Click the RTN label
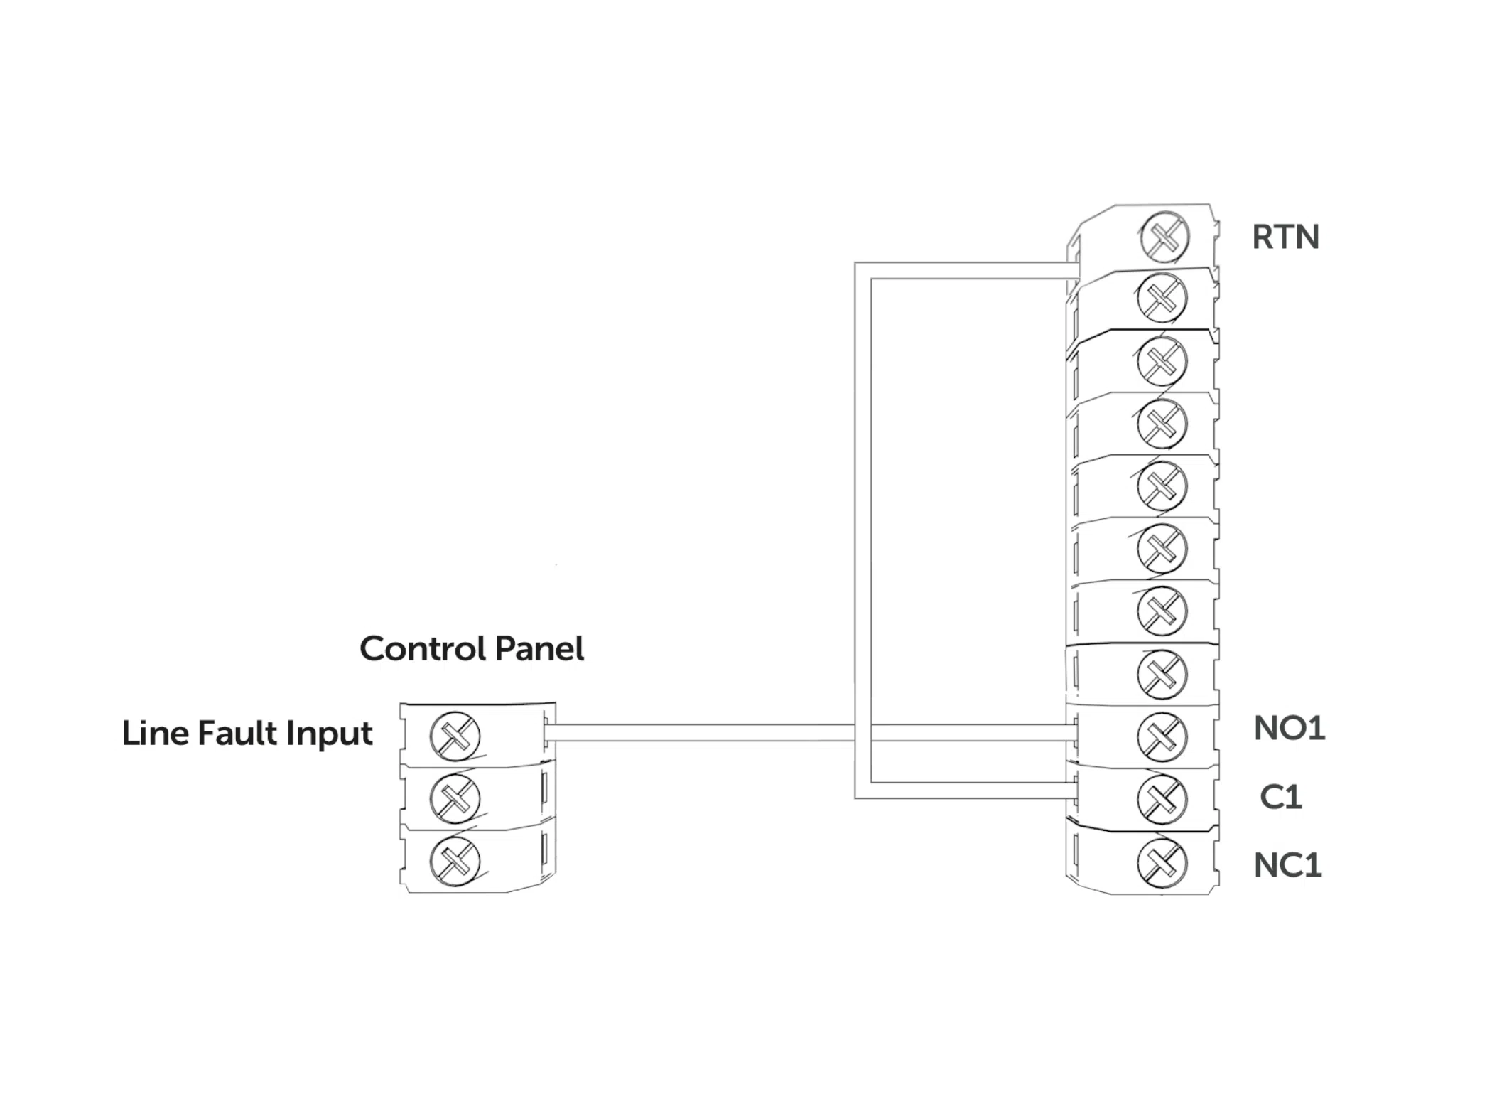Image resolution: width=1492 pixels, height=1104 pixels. point(1285,237)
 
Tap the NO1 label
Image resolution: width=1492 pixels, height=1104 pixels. point(1289,729)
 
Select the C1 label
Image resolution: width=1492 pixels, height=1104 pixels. point(1280,797)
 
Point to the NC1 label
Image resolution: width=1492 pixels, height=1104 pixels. point(1287,865)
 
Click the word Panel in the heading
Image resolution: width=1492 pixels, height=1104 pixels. point(539,648)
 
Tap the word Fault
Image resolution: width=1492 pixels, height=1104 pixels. point(238,733)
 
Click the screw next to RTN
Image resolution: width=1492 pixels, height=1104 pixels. point(1164,237)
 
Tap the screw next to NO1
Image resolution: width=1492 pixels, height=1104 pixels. point(1162,736)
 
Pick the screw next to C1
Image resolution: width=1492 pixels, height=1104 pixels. point(1162,799)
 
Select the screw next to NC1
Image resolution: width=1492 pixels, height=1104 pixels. point(1162,863)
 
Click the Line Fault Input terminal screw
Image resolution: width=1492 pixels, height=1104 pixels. point(455,736)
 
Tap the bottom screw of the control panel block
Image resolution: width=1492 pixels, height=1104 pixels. point(455,862)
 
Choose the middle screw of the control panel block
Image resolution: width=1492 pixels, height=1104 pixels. point(455,798)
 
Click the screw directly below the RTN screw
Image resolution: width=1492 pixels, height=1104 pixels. point(1162,298)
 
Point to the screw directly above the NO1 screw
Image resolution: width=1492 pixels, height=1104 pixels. point(1162,674)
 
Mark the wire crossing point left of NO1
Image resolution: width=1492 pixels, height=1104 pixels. point(863,733)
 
